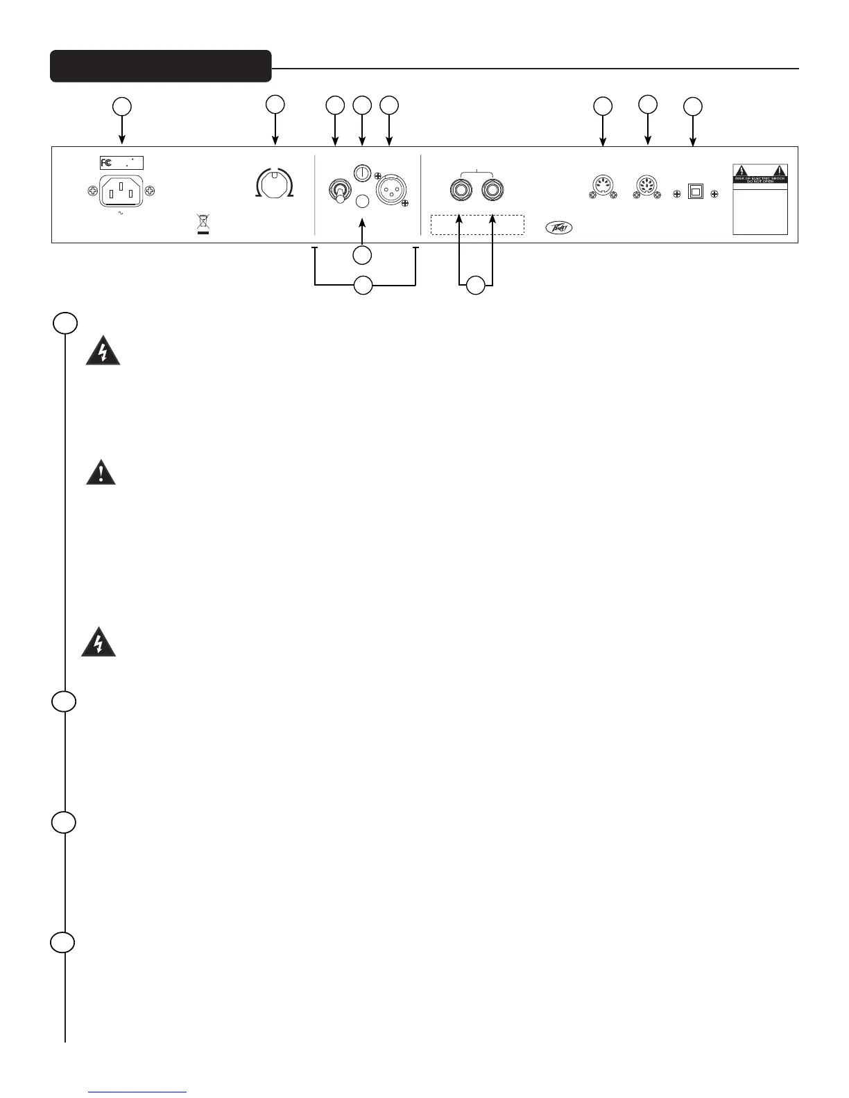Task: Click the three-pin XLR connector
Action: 390,189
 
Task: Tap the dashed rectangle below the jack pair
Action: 477,225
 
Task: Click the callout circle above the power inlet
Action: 123,107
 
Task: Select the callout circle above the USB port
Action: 693,107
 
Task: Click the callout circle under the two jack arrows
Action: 475,285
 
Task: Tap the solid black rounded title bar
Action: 160,66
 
